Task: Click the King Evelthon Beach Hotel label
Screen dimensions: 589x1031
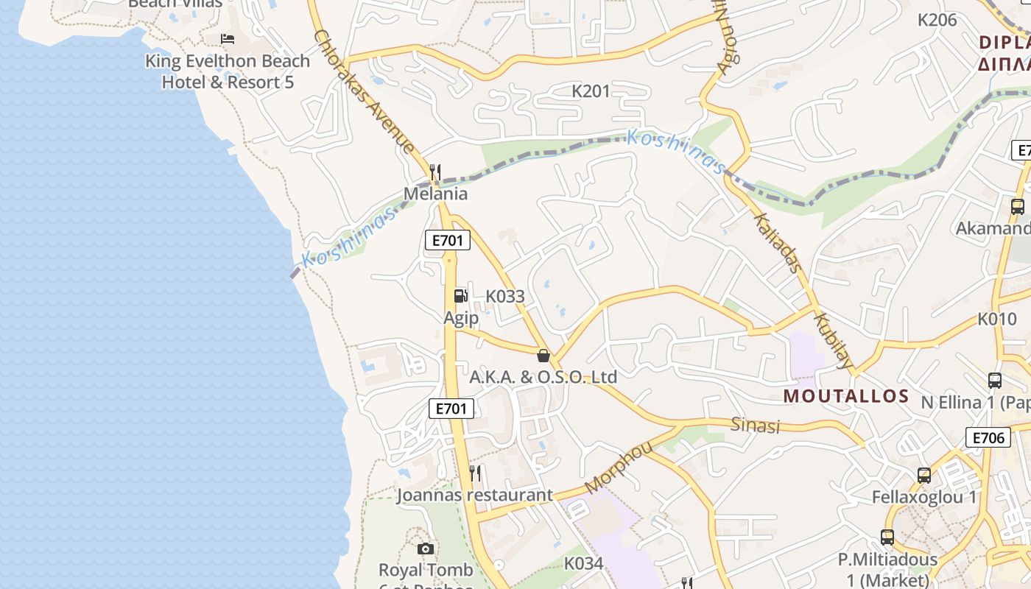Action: [228, 71]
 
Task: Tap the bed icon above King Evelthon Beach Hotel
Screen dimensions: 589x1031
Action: [228, 38]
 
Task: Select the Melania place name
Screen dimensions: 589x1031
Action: [435, 194]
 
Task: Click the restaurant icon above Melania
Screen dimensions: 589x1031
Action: [435, 172]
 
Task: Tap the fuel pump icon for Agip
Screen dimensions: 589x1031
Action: [460, 295]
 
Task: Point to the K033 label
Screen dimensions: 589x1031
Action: [505, 297]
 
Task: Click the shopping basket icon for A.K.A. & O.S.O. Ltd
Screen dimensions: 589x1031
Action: [543, 356]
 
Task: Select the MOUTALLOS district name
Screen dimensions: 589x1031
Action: [846, 396]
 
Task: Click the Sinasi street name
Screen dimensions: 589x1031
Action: [755, 425]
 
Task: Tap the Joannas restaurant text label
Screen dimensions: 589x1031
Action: [475, 495]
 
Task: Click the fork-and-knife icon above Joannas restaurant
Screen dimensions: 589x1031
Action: [476, 473]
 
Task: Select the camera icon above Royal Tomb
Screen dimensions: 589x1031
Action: [425, 549]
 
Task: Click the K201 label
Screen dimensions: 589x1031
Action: [591, 91]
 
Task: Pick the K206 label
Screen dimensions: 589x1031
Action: [937, 20]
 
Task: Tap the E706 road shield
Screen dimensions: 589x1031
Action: [988, 438]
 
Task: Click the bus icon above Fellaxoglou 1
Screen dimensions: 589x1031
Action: [924, 476]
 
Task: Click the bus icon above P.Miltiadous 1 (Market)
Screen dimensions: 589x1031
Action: [887, 537]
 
